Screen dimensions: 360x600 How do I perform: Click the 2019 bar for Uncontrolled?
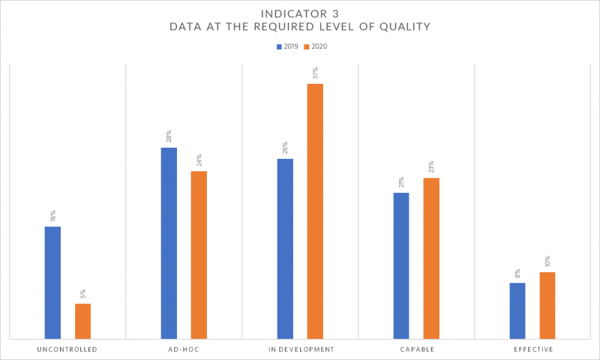[52, 283]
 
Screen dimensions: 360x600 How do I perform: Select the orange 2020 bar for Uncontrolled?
[82, 321]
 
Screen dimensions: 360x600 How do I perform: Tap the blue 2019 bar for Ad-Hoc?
[169, 243]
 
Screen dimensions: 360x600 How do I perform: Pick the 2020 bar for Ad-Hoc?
[199, 255]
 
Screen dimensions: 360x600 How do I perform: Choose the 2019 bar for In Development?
[285, 249]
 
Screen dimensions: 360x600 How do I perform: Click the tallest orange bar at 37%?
[315, 211]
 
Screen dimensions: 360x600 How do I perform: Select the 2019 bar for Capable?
[401, 265]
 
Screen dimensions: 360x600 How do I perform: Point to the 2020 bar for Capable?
[431, 258]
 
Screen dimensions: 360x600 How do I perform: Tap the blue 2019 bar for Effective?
[517, 310]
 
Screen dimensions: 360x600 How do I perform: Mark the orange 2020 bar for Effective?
[547, 305]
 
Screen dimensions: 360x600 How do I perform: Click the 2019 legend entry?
[288, 46]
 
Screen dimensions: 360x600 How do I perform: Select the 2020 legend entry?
[316, 46]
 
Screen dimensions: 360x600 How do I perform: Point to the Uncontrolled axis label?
[67, 349]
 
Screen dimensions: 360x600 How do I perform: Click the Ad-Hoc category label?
[184, 349]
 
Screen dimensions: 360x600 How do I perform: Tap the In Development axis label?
[300, 349]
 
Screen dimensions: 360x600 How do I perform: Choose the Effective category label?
[532, 349]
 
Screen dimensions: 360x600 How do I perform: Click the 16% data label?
[52, 215]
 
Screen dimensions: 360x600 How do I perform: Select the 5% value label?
[82, 294]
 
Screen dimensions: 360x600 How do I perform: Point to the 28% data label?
[169, 137]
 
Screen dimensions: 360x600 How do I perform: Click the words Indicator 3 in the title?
[300, 13]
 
